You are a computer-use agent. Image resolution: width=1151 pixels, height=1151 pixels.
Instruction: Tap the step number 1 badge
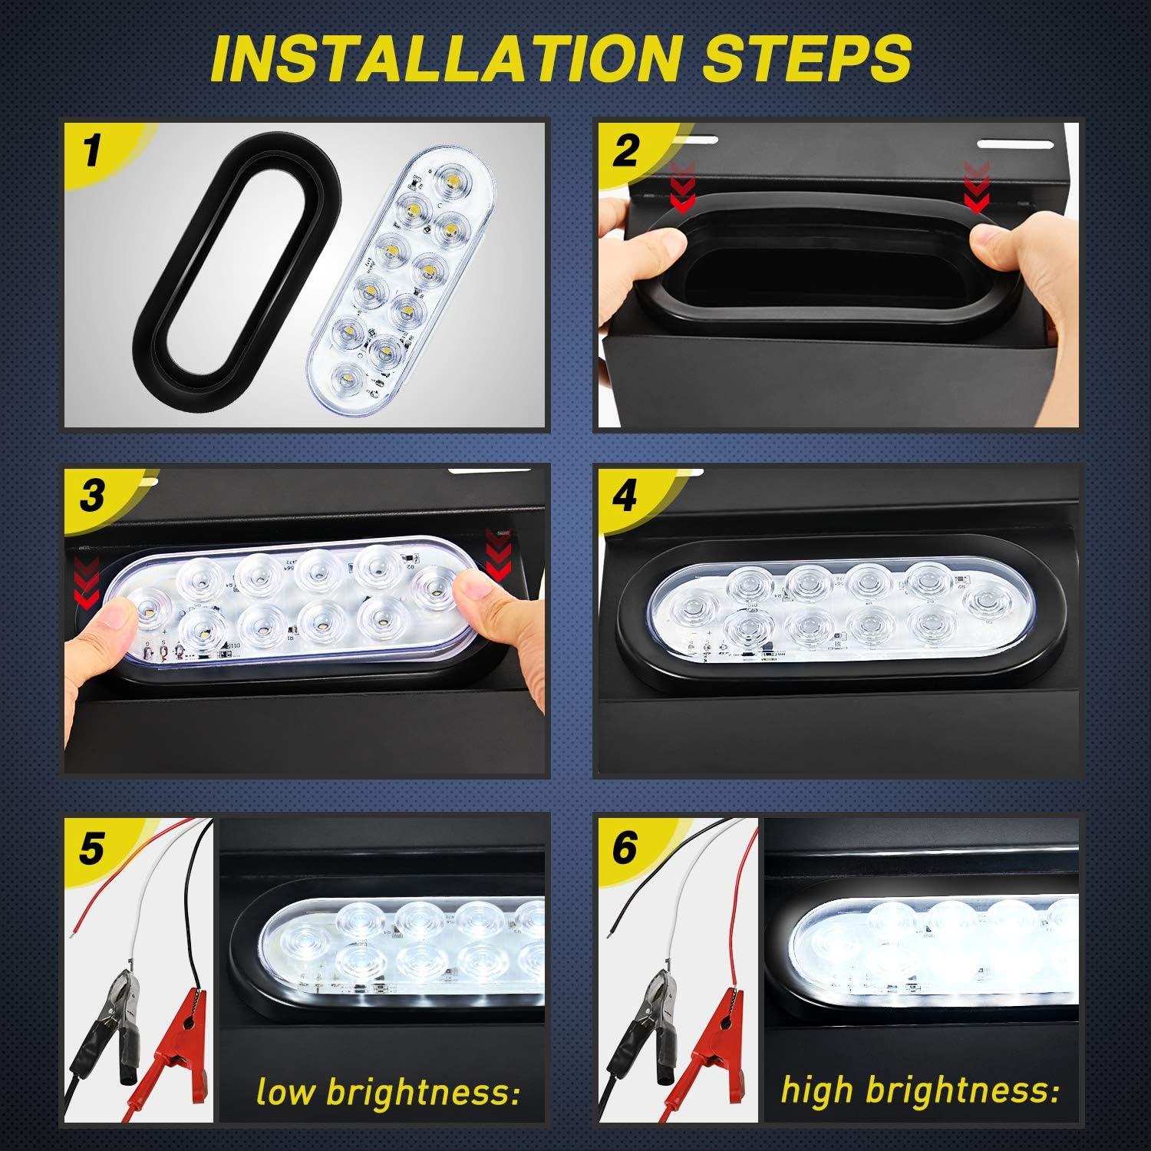(92, 150)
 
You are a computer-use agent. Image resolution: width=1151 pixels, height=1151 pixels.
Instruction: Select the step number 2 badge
(625, 150)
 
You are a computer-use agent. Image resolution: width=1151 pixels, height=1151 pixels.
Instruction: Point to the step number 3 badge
(92, 495)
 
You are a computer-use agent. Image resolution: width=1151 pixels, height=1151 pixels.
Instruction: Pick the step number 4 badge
(625, 495)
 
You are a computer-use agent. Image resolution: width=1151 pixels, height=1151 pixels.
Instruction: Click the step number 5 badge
(91, 849)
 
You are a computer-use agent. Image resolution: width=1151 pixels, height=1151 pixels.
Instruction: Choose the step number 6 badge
(625, 849)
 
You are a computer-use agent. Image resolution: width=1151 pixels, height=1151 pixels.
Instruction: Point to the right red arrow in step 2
(976, 187)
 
